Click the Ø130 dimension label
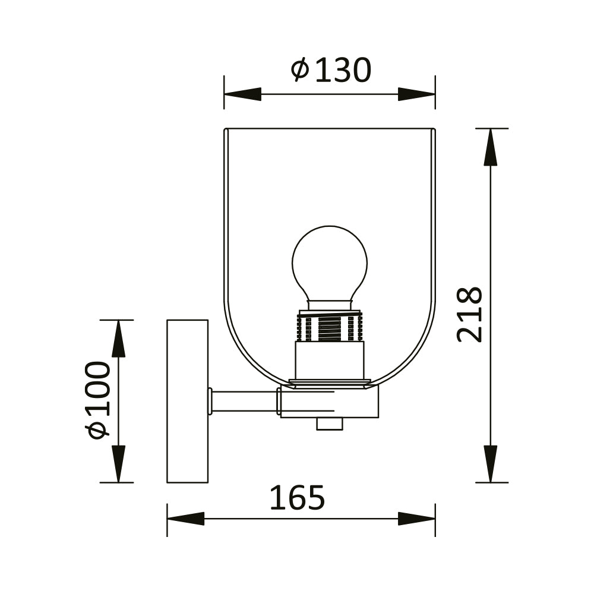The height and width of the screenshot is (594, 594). coord(331,71)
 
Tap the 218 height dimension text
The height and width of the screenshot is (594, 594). coord(470,314)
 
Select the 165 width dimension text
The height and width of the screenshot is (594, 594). coord(297,498)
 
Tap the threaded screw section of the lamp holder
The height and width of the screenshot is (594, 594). coord(330,328)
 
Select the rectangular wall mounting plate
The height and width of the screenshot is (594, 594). coord(187,401)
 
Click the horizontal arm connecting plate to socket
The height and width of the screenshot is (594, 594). coord(244,402)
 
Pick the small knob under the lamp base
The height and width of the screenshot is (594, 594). coord(330,424)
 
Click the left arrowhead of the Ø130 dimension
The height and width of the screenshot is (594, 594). coord(242,94)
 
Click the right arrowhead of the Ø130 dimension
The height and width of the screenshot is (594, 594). coord(417,94)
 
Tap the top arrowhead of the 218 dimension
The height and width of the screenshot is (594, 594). coord(490,147)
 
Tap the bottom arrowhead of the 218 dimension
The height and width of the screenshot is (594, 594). coord(490,464)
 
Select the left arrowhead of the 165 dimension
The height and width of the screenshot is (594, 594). coord(185,519)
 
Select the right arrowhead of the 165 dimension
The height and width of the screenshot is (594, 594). coord(417,519)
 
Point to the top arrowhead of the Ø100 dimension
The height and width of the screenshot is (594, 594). coord(118,339)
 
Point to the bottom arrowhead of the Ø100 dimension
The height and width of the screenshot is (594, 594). coord(118,464)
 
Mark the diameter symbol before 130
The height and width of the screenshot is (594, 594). coord(300,70)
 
